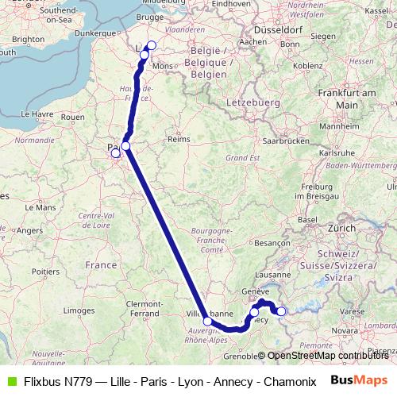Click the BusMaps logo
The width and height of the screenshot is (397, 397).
tap(359, 380)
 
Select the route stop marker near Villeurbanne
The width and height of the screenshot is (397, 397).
tap(207, 322)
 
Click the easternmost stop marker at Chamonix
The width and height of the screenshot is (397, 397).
tap(281, 311)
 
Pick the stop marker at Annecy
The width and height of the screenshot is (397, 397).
tap(254, 312)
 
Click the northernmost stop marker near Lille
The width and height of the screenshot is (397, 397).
tap(152, 45)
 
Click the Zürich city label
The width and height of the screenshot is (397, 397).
tap(343, 227)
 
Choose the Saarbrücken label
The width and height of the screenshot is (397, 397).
tap(284, 140)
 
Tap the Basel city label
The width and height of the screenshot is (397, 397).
tap(307, 218)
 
